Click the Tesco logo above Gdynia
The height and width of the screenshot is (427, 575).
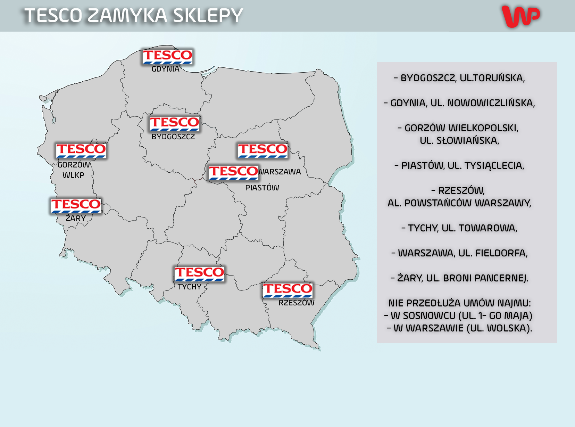167,57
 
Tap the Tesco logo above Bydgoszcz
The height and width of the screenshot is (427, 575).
174,124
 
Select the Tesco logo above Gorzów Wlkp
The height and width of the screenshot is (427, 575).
81,151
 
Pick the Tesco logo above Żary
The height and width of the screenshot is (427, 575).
76,206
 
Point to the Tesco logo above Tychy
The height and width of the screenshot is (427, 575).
199,274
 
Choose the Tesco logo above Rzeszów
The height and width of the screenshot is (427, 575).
287,290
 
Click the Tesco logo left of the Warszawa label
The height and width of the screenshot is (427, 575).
233,173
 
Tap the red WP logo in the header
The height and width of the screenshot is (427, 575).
520,16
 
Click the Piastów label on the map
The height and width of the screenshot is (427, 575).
262,188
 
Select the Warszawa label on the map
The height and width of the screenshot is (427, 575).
280,172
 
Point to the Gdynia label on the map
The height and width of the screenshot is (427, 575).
165,69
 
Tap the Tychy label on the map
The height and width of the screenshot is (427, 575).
190,287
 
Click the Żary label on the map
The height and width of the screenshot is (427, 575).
76,218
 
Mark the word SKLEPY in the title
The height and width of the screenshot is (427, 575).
208,16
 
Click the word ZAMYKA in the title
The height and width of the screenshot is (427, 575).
127,16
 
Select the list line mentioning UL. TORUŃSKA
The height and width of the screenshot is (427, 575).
459,78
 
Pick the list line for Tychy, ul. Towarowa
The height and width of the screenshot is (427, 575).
459,228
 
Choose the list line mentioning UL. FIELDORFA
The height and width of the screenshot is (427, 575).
459,253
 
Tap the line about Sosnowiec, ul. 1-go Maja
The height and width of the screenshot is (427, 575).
458,315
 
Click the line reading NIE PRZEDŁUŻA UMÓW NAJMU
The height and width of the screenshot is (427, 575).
459,303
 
